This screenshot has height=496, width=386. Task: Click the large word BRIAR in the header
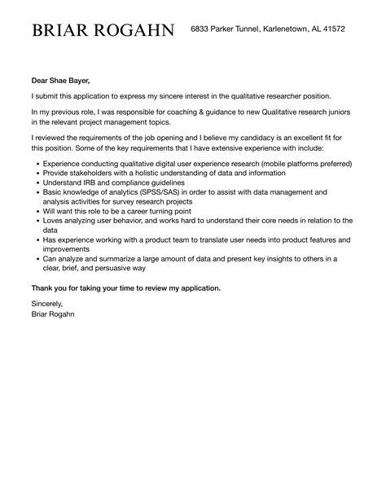[60, 30]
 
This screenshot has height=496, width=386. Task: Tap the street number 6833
[200, 29]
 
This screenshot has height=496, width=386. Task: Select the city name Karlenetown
[285, 29]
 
